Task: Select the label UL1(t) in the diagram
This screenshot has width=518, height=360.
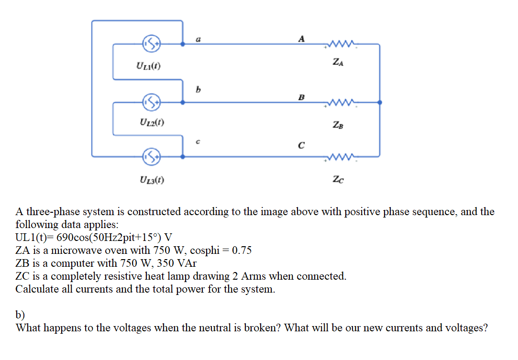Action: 148,65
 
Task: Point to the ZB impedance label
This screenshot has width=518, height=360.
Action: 338,126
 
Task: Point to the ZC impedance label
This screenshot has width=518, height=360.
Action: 338,179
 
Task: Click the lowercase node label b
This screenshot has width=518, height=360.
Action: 197,89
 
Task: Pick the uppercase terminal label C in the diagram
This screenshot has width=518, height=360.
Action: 301,146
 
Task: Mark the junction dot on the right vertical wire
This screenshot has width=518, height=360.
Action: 380,102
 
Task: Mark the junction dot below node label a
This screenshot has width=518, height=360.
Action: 182,44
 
